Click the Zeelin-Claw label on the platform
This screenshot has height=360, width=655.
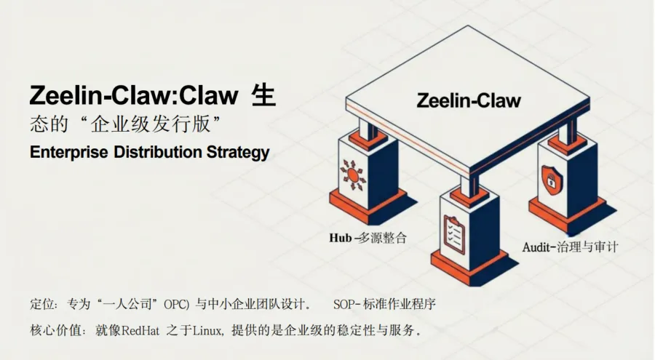pos(469,100)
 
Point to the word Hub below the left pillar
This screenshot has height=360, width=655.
pos(341,238)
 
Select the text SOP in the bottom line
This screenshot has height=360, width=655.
pos(344,303)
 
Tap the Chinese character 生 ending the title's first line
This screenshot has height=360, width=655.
pos(263,95)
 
